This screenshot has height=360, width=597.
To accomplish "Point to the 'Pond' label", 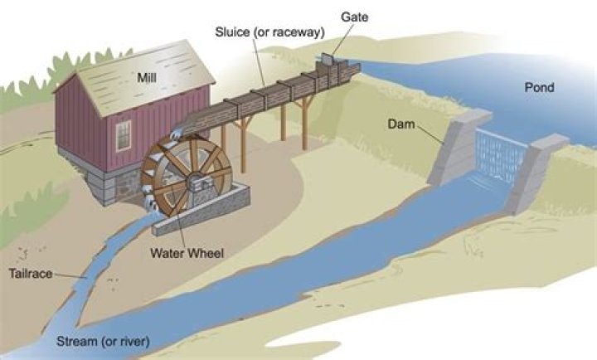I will click(x=539, y=86).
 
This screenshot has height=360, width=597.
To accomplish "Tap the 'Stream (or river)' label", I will click(x=104, y=341).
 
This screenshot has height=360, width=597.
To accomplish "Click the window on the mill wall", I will click(x=123, y=135).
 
